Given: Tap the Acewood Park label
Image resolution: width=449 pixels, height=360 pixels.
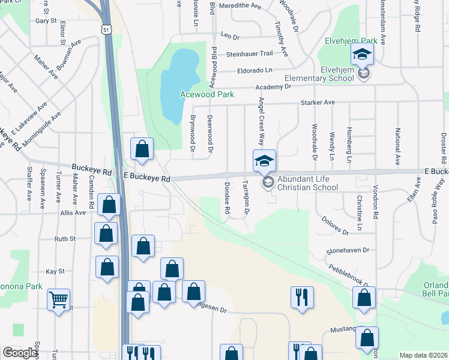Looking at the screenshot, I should coord(207,95).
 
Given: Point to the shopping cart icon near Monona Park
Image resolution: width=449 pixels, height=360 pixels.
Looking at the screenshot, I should coord(58,299).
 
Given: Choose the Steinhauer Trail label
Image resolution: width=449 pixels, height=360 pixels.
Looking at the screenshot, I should coord(250,53).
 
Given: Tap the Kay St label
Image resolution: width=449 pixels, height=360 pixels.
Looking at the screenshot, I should coord(55,271).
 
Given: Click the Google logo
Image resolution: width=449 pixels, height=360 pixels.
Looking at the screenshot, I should coord(20,353).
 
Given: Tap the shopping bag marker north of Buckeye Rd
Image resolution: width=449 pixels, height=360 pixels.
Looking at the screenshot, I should coord(142,149).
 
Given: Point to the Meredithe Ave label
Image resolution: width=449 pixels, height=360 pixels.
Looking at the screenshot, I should coord(240,6).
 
